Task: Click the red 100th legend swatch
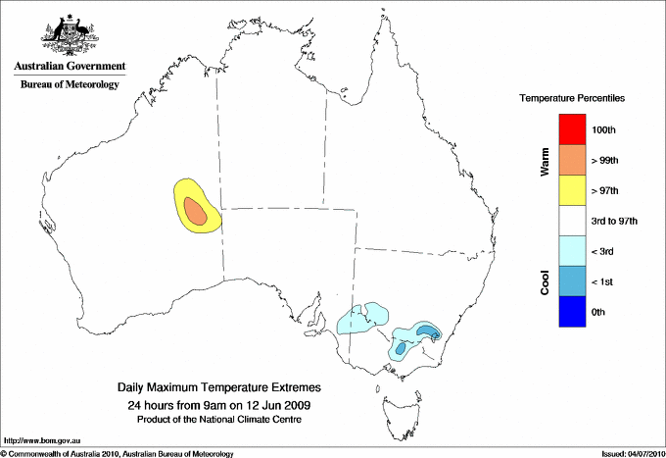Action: (x=572, y=129)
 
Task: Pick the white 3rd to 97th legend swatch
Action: (x=572, y=221)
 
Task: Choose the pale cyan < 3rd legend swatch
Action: (x=572, y=251)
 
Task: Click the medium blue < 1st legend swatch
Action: (x=572, y=281)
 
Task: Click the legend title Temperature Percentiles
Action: (x=572, y=100)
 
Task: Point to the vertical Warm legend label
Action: (x=545, y=162)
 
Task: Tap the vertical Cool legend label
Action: (x=545, y=282)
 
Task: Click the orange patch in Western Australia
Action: (x=196, y=211)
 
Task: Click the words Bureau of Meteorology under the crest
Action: (x=70, y=85)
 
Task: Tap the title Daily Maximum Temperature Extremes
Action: (x=219, y=388)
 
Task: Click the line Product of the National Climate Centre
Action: (x=219, y=419)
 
